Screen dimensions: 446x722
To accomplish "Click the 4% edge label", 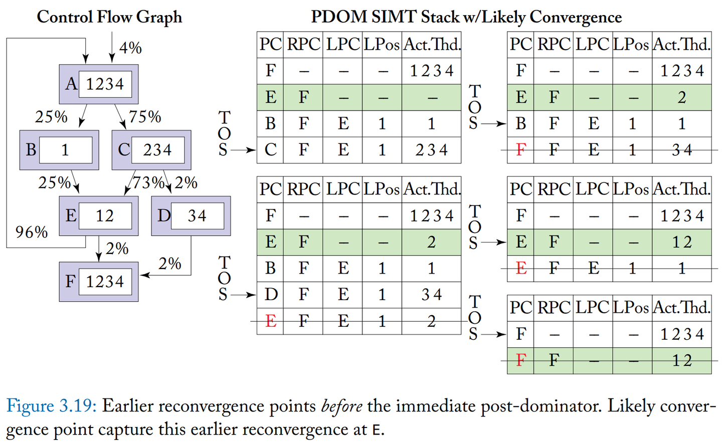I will click(130, 48).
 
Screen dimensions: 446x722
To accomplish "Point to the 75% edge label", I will click(145, 117).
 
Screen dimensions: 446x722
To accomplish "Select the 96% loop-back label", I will click(32, 232).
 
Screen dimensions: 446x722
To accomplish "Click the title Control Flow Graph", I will click(109, 17).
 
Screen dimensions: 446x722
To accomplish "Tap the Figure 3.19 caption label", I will click(51, 406).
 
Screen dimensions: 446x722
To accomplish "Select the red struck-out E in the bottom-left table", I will click(271, 321).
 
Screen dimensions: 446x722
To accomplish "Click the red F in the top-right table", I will click(521, 150).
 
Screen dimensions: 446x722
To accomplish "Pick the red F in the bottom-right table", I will click(521, 360).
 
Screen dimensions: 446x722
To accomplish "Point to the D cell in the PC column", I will click(271, 294).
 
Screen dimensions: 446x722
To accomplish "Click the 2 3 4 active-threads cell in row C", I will click(431, 150).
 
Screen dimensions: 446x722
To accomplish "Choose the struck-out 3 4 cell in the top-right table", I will click(682, 150).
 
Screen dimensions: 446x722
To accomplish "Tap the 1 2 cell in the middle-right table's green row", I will click(682, 242).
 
